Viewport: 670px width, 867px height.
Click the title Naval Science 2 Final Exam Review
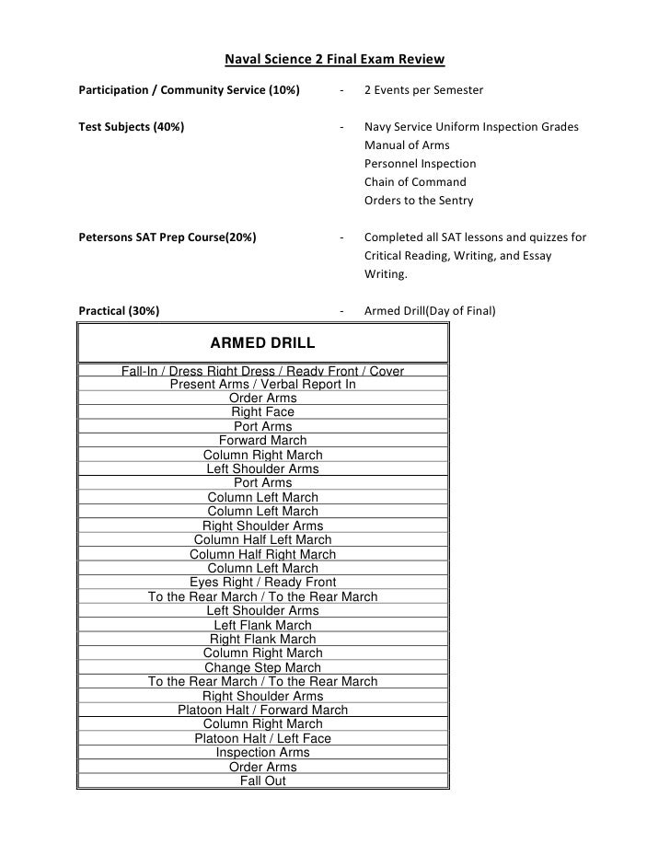[x=334, y=61]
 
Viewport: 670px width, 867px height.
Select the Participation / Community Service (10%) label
[x=189, y=90]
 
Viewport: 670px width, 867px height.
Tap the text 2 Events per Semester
[x=423, y=90]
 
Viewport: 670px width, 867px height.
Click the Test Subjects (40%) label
[x=131, y=126]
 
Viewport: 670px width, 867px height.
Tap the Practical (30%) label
[x=119, y=311]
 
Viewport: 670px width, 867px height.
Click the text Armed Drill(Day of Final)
[x=430, y=311]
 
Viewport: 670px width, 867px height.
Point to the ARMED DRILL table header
[x=263, y=343]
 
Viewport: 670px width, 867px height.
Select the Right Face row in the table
[x=263, y=412]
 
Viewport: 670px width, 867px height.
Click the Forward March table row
[x=263, y=441]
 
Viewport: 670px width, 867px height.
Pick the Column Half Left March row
[x=263, y=540]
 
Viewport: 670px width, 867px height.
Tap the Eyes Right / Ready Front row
[x=263, y=583]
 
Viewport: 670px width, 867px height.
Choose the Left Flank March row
[x=263, y=625]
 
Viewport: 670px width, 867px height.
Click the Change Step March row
[x=263, y=667]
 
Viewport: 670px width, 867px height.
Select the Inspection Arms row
[x=263, y=752]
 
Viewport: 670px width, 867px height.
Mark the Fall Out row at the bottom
[x=263, y=780]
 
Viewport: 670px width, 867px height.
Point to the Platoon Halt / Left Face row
[x=263, y=738]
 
